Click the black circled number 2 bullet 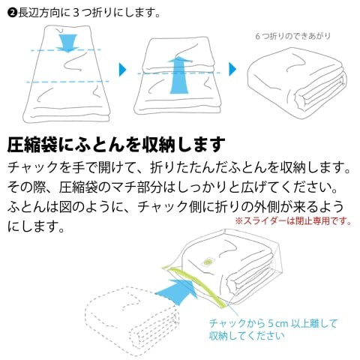click(13, 13)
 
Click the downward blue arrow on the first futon click(67, 43)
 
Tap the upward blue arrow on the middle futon click(178, 75)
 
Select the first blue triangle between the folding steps click(122, 70)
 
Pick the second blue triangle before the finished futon click(232, 69)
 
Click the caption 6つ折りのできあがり click(293, 36)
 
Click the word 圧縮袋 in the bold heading click(32, 145)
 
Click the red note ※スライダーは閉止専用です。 click(293, 221)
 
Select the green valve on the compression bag click(207, 262)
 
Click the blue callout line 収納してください click(247, 336)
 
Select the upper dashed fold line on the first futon click(65, 50)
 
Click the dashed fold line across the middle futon click(178, 73)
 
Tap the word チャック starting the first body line click(33, 167)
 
